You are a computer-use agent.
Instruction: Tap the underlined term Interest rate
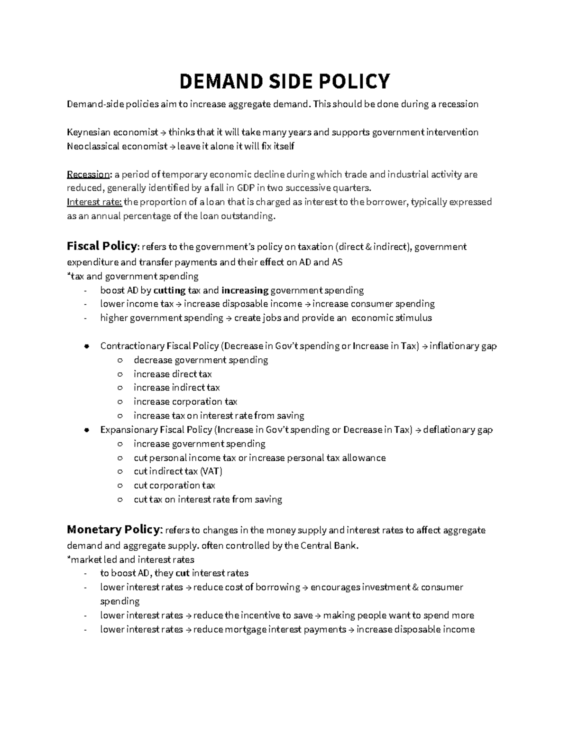point(94,202)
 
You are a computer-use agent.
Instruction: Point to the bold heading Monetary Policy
point(115,529)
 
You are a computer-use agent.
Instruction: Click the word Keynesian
point(89,132)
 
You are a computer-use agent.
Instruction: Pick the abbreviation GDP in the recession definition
point(246,188)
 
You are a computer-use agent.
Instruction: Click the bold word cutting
point(170,290)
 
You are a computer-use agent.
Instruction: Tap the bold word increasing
point(245,290)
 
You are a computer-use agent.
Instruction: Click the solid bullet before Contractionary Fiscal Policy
point(86,346)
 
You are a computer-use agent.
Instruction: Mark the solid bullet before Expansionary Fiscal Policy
point(86,430)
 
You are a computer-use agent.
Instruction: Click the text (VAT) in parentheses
point(211,471)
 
